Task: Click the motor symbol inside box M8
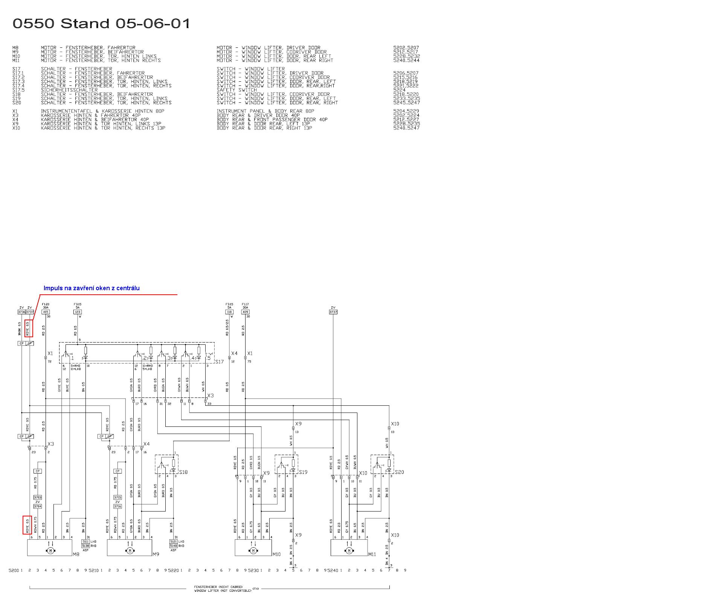point(50,551)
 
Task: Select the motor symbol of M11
point(349,551)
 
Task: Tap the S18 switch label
point(183,472)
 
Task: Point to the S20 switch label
point(399,472)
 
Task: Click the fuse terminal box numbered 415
point(46,312)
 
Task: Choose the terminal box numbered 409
point(246,312)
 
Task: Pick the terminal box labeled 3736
point(21,312)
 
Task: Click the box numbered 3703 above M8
point(38,497)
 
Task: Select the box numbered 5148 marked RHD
point(173,546)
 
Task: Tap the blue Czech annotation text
point(92,288)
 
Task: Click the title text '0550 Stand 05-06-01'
point(101,24)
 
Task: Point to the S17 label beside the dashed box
point(220,362)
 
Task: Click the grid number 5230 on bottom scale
point(253,570)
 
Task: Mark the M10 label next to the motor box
point(277,554)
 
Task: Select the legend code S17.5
point(18,90)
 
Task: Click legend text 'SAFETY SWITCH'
point(237,90)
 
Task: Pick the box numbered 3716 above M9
point(117,506)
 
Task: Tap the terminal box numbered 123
point(78,312)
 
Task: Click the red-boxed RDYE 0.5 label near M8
point(27,525)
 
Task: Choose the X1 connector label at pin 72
point(50,353)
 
